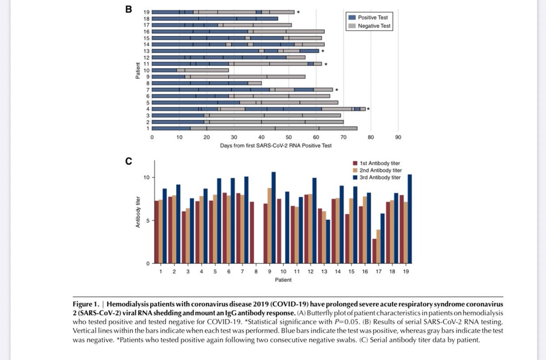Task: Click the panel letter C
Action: pyautogui.click(x=129, y=160)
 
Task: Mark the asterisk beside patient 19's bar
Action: pyautogui.click(x=298, y=12)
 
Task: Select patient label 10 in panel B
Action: pyautogui.click(x=147, y=70)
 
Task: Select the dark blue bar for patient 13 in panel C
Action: pyautogui.click(x=328, y=242)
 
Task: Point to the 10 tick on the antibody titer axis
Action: pyautogui.click(x=147, y=177)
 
